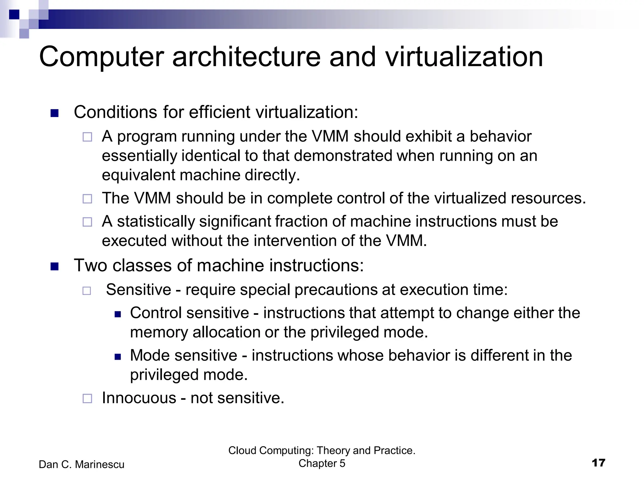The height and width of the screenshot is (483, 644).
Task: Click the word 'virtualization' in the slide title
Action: pyautogui.click(x=464, y=57)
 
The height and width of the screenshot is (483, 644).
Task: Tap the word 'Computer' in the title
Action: pyautogui.click(x=101, y=57)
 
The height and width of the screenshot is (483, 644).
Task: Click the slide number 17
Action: pyautogui.click(x=598, y=463)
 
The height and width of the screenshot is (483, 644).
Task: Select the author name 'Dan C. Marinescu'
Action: pyautogui.click(x=81, y=464)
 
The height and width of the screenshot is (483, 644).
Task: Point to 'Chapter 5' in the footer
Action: pyautogui.click(x=322, y=463)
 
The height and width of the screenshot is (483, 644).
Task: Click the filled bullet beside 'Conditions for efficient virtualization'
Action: pyautogui.click(x=54, y=113)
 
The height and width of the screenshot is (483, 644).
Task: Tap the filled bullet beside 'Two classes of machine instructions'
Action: pyautogui.click(x=54, y=267)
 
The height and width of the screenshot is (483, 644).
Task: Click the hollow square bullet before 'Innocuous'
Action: pyautogui.click(x=87, y=399)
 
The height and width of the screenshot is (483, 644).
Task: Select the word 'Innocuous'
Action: pyautogui.click(x=139, y=398)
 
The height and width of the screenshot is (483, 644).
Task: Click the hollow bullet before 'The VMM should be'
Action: pyautogui.click(x=87, y=199)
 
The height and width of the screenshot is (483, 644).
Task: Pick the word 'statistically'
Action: pyautogui.click(x=156, y=221)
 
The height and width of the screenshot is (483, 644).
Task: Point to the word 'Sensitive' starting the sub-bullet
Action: pyautogui.click(x=138, y=289)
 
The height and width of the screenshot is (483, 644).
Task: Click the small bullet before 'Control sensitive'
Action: pyautogui.click(x=118, y=314)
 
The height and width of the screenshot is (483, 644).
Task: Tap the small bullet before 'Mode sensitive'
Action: pyautogui.click(x=118, y=357)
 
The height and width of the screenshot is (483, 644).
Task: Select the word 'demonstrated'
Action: pyautogui.click(x=343, y=156)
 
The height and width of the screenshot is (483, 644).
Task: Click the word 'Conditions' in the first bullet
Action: pyautogui.click(x=115, y=112)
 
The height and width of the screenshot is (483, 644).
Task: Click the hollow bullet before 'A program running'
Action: pyautogui.click(x=87, y=137)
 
